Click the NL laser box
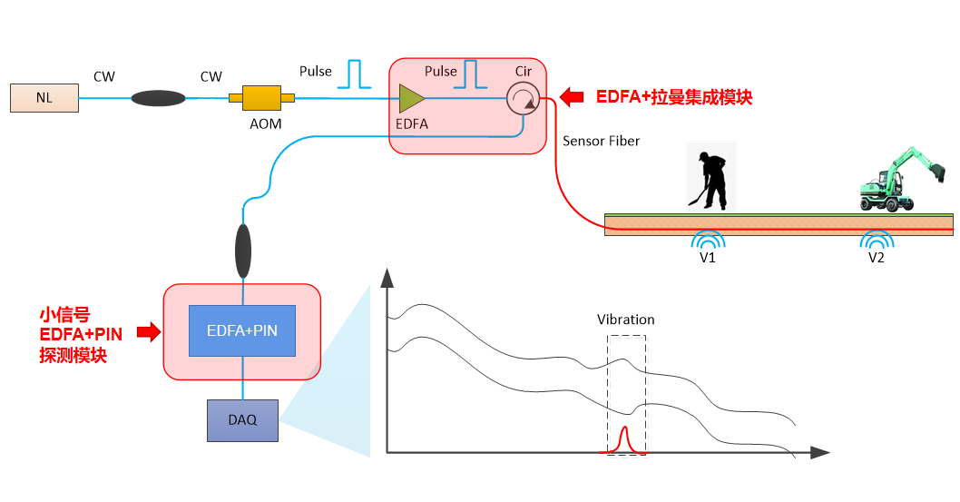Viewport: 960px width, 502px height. coord(44,98)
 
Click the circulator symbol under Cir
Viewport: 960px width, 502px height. coord(522,98)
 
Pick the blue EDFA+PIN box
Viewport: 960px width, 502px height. coord(242,330)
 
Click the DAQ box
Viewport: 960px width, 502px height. coord(242,419)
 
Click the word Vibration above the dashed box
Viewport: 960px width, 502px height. coord(625,320)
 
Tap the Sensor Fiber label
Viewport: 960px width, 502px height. coord(601,141)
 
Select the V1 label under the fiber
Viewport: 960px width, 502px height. coord(708,258)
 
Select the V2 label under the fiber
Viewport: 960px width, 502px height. coord(876,258)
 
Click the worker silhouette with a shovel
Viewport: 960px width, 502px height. coord(708,177)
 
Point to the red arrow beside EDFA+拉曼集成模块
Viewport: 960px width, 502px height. coord(573,96)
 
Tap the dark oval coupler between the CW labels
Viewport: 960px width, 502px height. coord(159,97)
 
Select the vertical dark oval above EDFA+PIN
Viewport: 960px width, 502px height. coord(243,251)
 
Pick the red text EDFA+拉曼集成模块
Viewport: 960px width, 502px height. coord(674,97)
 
